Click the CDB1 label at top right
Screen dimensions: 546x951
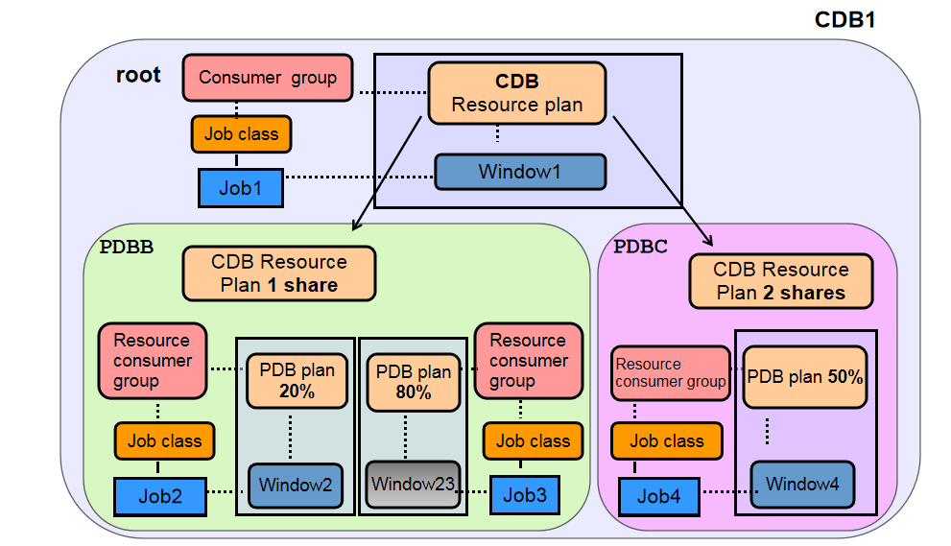pos(844,20)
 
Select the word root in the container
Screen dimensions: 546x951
pos(138,75)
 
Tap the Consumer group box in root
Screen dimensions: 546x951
pos(268,78)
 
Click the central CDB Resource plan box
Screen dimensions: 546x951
pos(516,93)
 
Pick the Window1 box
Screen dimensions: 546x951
pos(520,172)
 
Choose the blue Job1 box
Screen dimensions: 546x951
pos(241,187)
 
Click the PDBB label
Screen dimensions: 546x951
pos(127,246)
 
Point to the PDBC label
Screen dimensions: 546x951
pos(639,246)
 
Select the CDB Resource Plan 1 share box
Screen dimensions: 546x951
pos(279,273)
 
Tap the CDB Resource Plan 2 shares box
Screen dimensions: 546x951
pos(780,281)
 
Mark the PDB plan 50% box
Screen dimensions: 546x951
pos(804,377)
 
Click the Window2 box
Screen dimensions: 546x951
pos(295,485)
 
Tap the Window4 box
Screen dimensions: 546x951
pos(801,484)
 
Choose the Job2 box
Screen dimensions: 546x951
pos(160,495)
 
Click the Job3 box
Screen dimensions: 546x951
pos(525,495)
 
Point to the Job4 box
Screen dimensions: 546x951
pos(658,496)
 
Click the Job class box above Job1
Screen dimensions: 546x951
pos(241,134)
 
